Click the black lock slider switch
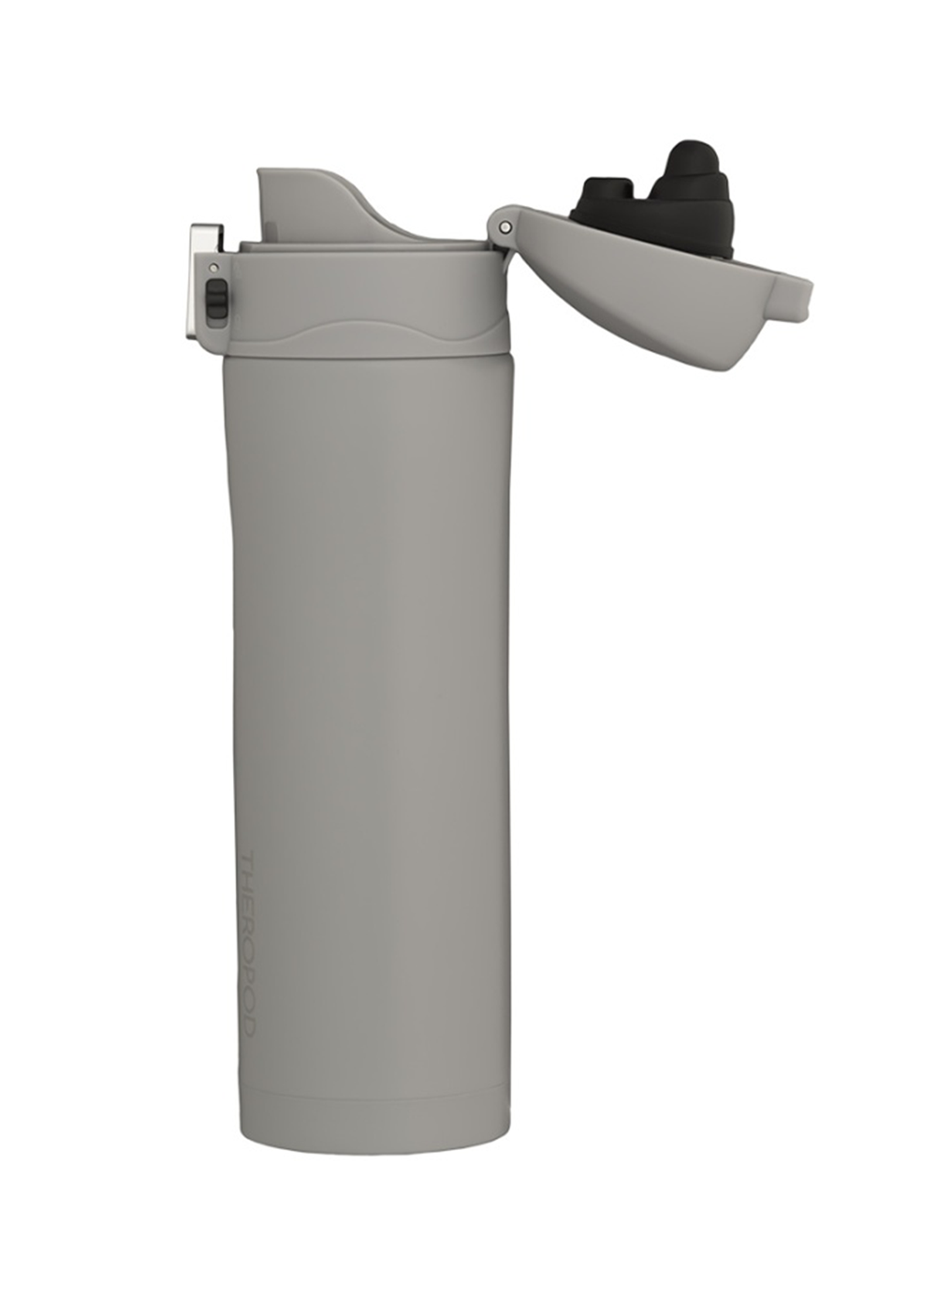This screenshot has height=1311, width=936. tap(217, 298)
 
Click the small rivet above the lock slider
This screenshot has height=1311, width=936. tap(214, 268)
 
